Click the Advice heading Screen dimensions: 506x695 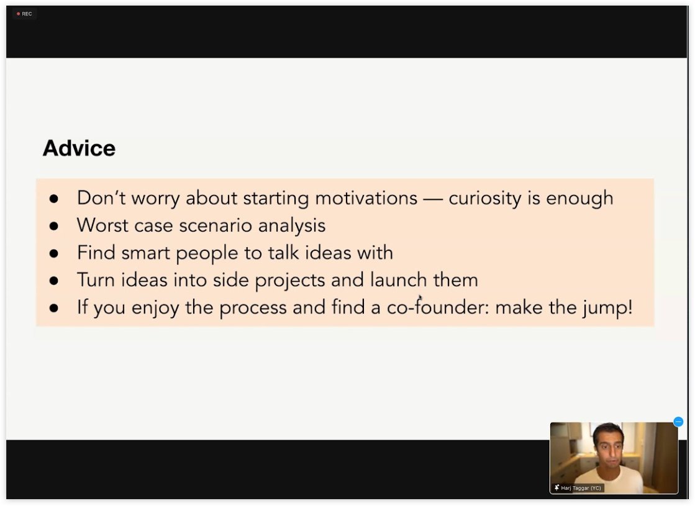[79, 148]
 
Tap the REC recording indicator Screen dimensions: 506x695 [25, 14]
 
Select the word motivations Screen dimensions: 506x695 [366, 198]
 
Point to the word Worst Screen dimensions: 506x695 [99, 225]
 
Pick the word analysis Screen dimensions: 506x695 [292, 225]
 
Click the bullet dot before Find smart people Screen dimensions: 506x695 [54, 253]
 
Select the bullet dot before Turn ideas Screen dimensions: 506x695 [54, 281]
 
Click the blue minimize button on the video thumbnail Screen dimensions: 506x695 [678, 422]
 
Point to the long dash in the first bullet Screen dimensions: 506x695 [433, 199]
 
